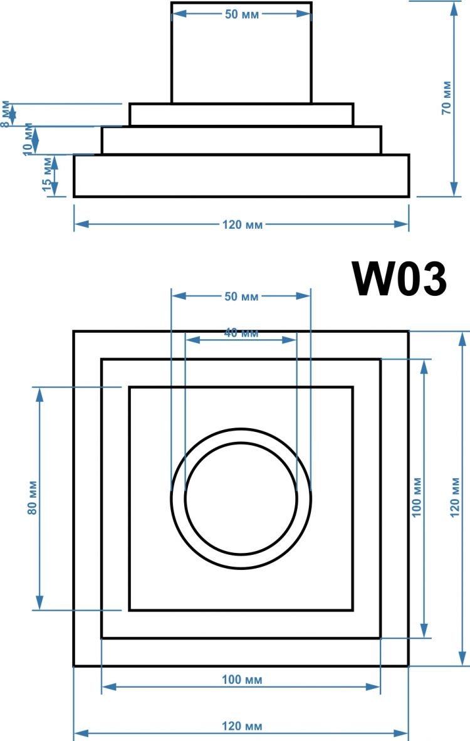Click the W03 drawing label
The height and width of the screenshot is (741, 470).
[x=399, y=279]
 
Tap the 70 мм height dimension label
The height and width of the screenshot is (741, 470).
[x=446, y=98]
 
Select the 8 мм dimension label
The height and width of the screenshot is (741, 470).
[x=5, y=114]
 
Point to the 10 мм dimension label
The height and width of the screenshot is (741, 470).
[x=28, y=139]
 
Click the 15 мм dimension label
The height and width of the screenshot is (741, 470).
[x=47, y=174]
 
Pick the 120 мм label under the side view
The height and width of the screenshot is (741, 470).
[x=243, y=225]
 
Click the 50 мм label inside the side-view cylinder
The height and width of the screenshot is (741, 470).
[x=242, y=14]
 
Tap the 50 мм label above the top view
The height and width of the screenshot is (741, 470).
[x=241, y=297]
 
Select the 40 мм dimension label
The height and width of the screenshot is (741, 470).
[x=241, y=333]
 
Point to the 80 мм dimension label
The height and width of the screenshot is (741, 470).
[x=33, y=498]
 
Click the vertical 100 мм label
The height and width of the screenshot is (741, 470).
[x=417, y=498]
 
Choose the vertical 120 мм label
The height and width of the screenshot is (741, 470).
[x=454, y=498]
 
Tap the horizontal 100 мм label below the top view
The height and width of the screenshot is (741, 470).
[x=242, y=680]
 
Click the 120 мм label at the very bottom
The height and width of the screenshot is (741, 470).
[x=242, y=726]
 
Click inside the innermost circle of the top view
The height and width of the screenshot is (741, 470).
[x=241, y=498]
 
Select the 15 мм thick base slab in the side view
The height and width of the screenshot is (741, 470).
[x=241, y=176]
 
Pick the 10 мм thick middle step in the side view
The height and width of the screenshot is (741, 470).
[x=241, y=140]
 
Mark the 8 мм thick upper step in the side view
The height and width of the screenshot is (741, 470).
[x=241, y=115]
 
